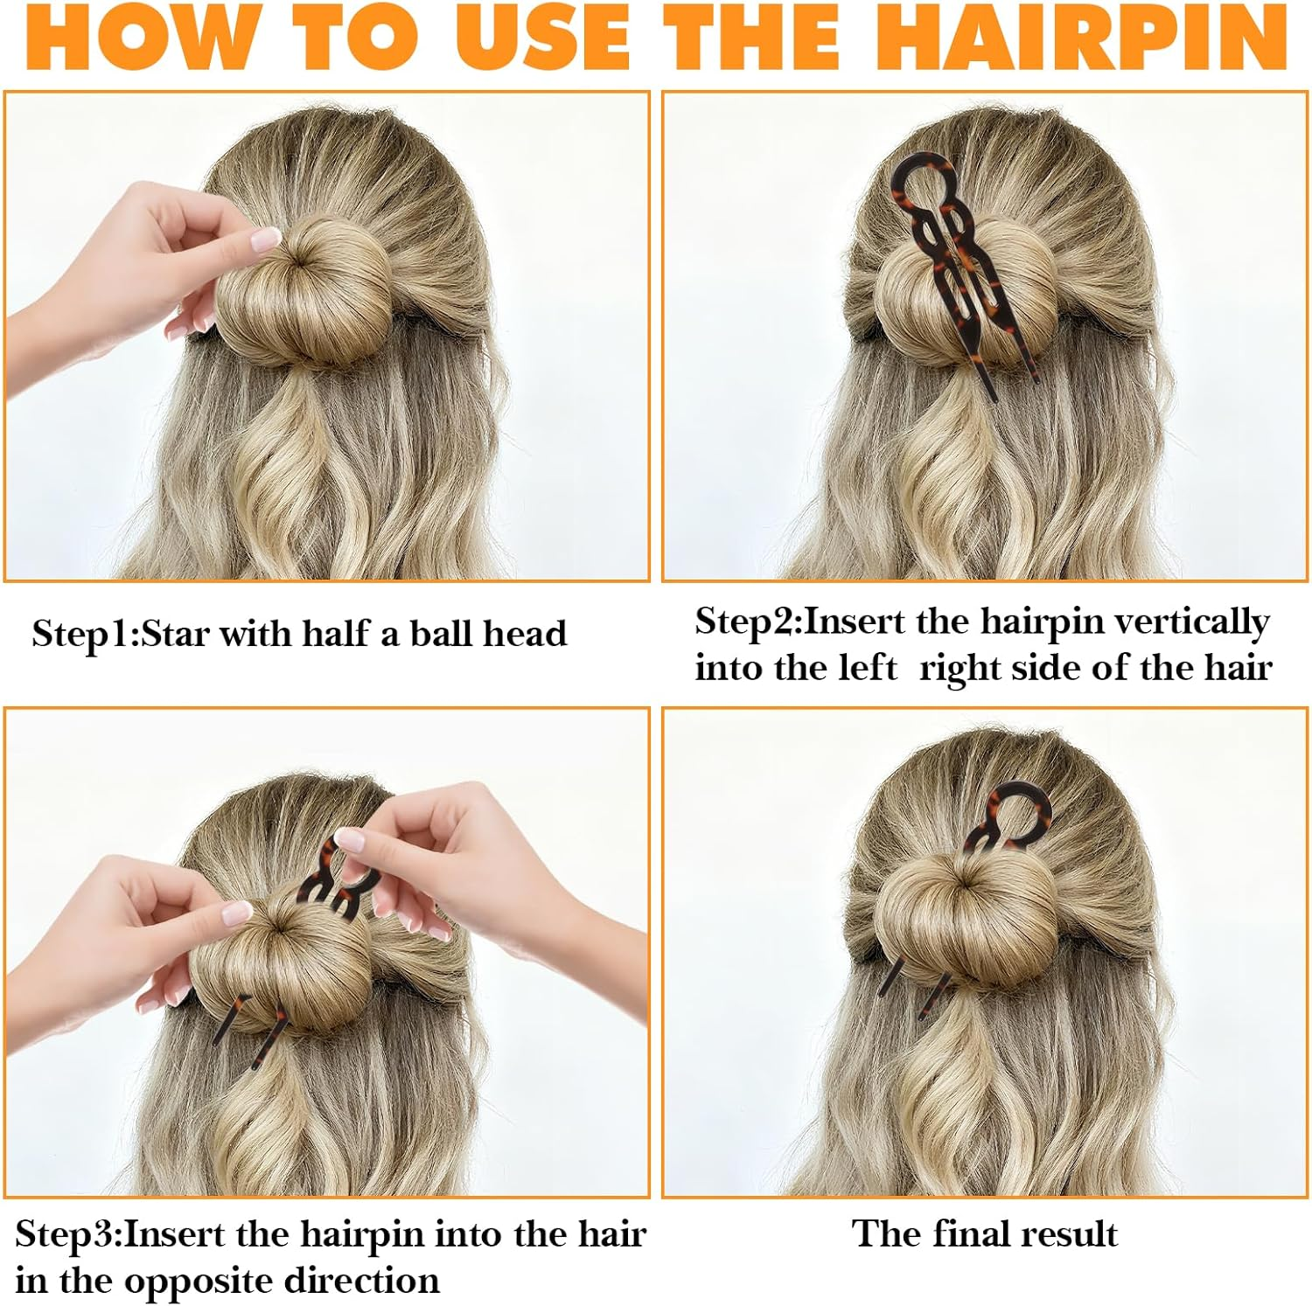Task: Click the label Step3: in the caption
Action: [69, 1234]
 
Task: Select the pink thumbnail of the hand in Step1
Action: [265, 239]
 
